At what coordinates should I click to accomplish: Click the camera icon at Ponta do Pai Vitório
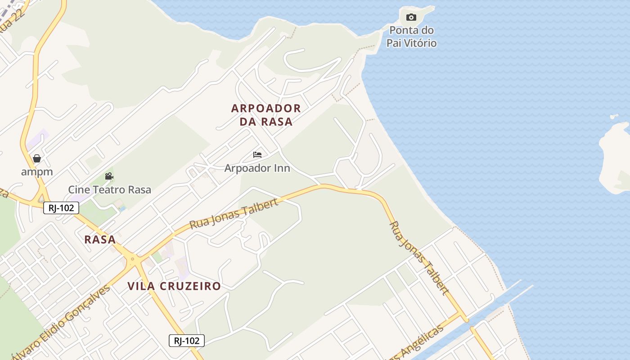pyautogui.click(x=411, y=18)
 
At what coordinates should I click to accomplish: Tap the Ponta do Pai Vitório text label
pyautogui.click(x=411, y=37)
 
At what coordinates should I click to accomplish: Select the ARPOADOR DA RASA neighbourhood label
pyautogui.click(x=266, y=115)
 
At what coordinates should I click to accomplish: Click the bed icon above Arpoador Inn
pyautogui.click(x=257, y=155)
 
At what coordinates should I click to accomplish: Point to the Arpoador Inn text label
pyautogui.click(x=257, y=168)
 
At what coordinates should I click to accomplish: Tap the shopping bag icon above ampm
pyautogui.click(x=37, y=158)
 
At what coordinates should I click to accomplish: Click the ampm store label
pyautogui.click(x=37, y=171)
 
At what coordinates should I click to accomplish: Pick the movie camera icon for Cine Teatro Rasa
pyautogui.click(x=109, y=176)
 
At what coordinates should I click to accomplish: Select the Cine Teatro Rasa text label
pyautogui.click(x=109, y=189)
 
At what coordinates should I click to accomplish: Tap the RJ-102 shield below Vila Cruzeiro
pyautogui.click(x=187, y=341)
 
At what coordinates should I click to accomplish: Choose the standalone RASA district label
pyautogui.click(x=100, y=239)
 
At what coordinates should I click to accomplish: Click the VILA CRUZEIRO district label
pyautogui.click(x=174, y=286)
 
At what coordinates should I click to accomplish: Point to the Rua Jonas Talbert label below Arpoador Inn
pyautogui.click(x=234, y=213)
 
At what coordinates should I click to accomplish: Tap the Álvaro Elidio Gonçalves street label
pyautogui.click(x=63, y=321)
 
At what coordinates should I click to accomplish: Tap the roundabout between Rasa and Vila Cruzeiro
pyautogui.click(x=132, y=259)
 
